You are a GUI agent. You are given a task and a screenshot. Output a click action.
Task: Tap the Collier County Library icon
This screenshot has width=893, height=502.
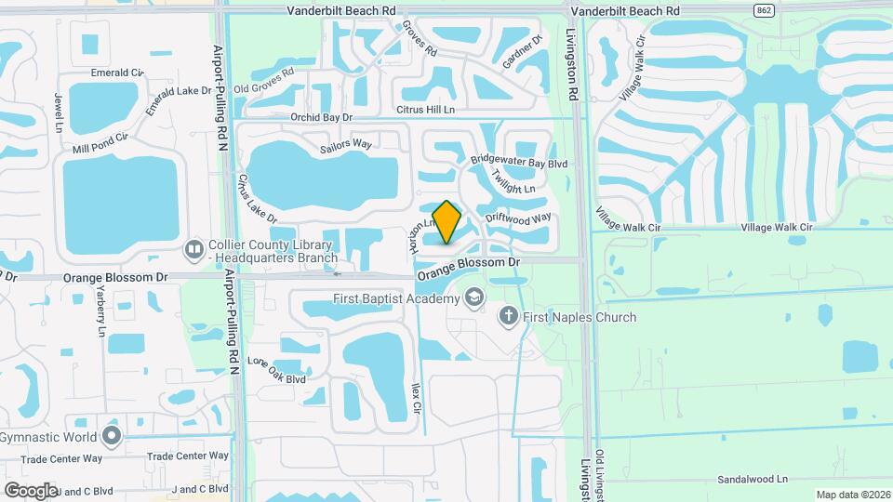point(194,248)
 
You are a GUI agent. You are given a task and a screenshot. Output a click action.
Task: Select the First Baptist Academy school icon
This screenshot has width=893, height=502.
point(473,298)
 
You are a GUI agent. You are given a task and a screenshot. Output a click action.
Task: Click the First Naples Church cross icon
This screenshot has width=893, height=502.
point(508,317)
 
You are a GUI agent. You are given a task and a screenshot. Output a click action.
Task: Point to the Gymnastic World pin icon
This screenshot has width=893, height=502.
point(113,436)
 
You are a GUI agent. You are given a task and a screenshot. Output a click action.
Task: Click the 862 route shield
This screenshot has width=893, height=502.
point(765,10)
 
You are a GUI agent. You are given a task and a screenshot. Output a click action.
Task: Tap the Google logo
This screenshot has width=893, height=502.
point(31,490)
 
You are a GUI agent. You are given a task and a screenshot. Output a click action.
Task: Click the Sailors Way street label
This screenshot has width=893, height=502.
point(345,146)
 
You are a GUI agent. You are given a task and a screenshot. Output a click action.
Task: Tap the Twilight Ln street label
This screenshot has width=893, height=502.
point(513,186)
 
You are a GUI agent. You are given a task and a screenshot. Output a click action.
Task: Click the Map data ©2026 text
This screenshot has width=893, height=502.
point(852,495)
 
